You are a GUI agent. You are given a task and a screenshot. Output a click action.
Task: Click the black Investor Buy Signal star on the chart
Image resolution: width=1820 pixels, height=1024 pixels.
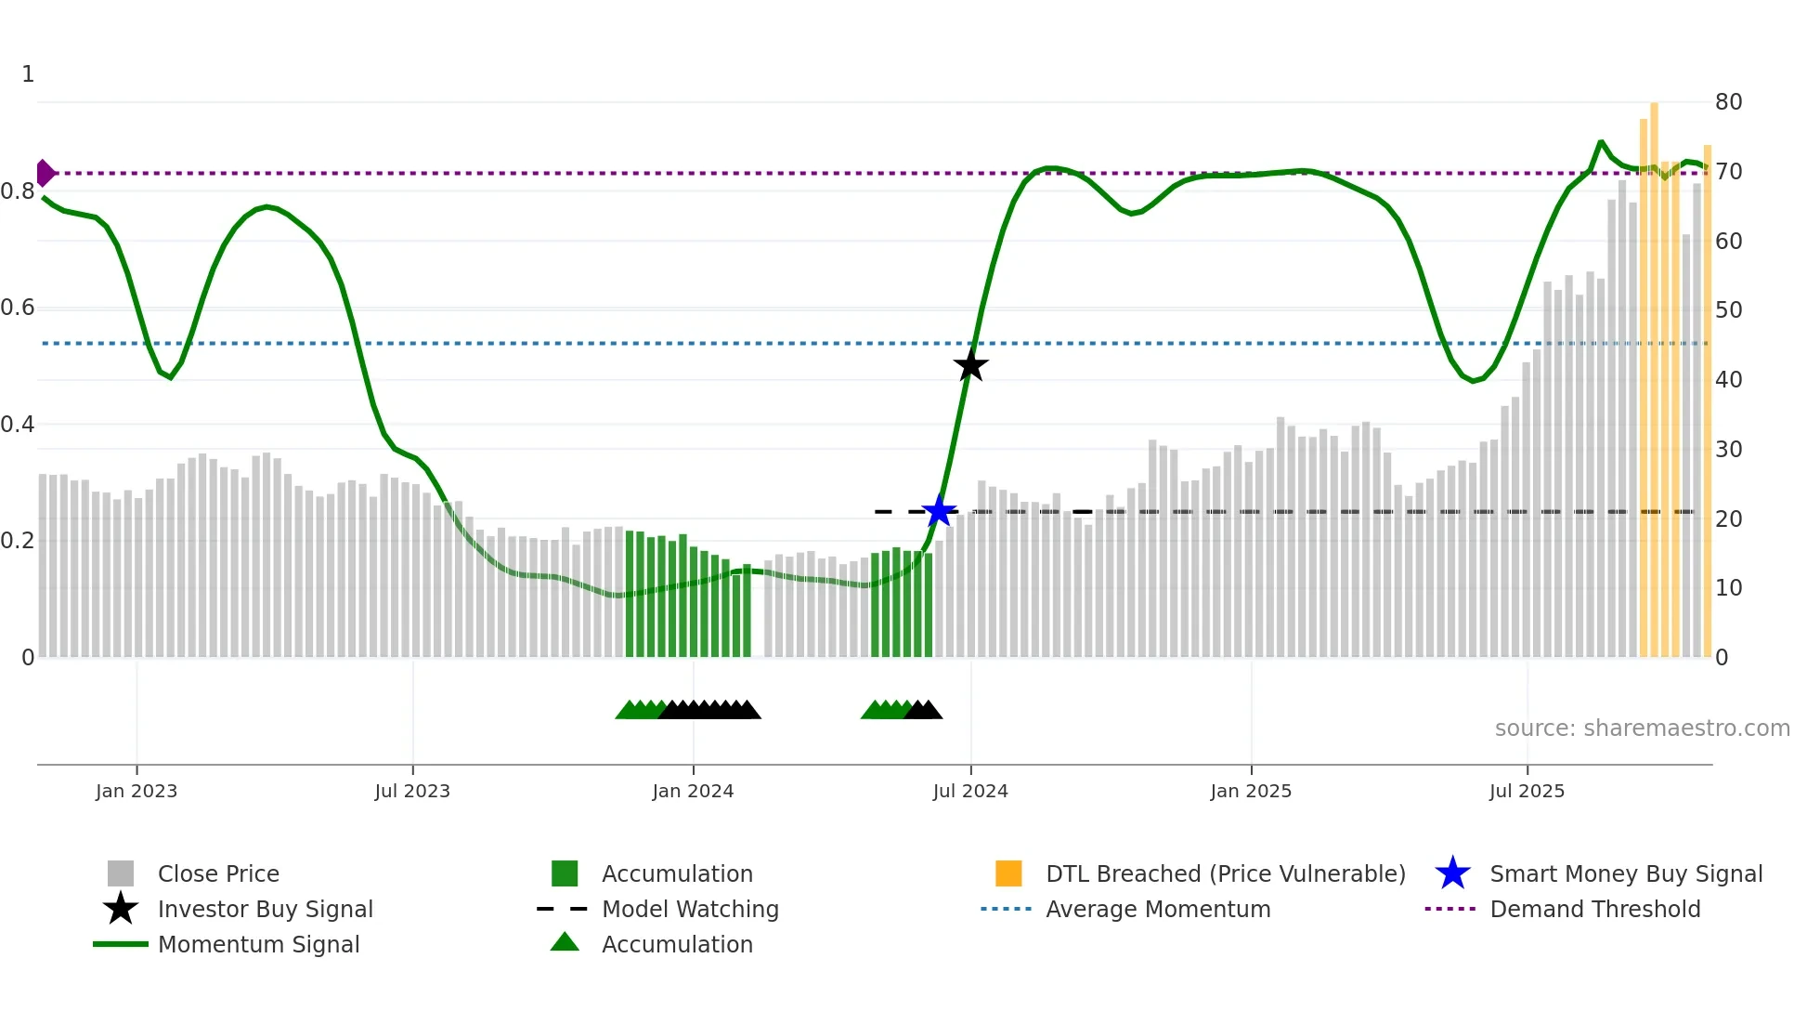click(x=970, y=365)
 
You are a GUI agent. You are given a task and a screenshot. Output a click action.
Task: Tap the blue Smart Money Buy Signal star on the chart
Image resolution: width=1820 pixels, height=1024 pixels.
click(x=939, y=511)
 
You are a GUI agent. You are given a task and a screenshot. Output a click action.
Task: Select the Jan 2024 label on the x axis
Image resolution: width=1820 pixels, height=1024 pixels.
click(x=693, y=791)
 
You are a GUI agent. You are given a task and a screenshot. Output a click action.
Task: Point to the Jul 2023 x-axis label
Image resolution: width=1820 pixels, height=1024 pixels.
click(x=412, y=791)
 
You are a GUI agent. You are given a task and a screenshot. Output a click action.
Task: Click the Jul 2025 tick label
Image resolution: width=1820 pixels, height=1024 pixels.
click(x=1527, y=791)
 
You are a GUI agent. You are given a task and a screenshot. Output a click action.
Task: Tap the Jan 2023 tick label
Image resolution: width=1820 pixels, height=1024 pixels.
click(x=136, y=791)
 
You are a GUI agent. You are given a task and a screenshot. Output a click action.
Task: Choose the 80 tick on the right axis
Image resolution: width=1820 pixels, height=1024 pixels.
click(x=1728, y=102)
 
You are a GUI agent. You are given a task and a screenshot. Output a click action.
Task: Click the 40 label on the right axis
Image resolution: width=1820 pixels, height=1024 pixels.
click(x=1728, y=380)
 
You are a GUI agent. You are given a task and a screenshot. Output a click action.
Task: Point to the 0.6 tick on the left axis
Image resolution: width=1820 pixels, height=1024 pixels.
click(x=18, y=308)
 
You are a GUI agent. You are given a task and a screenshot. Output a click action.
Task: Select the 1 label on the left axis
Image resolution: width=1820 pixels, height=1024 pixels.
click(x=28, y=74)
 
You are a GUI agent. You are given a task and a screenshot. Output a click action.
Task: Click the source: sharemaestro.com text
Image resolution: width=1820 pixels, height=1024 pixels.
click(x=1642, y=729)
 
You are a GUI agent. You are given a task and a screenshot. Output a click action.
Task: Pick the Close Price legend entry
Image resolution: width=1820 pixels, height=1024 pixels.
click(x=218, y=873)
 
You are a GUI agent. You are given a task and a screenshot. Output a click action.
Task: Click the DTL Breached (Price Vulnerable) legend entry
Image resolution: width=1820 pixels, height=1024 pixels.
click(x=1225, y=873)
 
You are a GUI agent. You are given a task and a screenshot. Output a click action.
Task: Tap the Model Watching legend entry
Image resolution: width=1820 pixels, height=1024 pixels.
click(x=690, y=909)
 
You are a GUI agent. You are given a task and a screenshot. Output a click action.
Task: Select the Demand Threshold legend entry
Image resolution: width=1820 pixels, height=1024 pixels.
click(x=1594, y=909)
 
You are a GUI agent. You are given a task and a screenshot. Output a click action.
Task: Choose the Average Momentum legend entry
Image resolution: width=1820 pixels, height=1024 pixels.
click(x=1158, y=909)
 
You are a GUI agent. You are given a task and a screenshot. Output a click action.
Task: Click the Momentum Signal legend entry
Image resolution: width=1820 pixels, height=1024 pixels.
click(x=258, y=944)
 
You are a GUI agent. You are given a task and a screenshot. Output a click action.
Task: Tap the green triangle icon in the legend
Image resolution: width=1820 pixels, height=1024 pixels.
click(x=565, y=942)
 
